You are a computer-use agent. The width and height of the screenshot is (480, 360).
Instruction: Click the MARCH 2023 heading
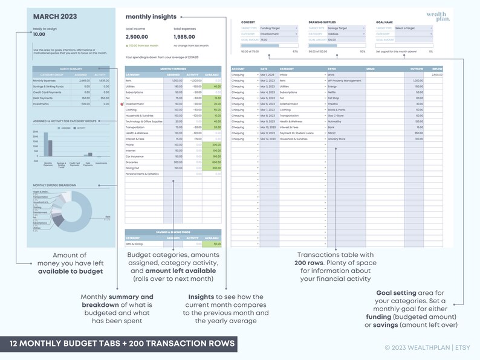coord(55,16)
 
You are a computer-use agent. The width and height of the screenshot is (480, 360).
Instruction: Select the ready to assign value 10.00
coord(39,34)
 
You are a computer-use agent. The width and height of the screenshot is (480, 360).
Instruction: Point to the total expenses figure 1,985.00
coord(185,37)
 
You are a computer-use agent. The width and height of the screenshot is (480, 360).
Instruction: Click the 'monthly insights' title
coord(151,17)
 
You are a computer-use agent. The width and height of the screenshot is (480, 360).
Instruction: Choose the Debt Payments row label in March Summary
coord(44,97)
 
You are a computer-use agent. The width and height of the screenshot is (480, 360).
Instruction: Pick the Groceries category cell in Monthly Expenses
coord(132,162)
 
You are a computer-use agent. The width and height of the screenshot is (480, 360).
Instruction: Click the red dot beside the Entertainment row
coord(123,104)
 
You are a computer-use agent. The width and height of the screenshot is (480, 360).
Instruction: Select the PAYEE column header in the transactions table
coord(332,69)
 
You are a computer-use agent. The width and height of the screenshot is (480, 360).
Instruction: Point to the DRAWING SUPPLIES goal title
coord(322,22)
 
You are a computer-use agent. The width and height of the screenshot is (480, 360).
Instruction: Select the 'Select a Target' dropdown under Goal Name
coord(414,28)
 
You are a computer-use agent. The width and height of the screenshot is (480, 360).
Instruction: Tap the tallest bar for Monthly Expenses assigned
coord(46,145)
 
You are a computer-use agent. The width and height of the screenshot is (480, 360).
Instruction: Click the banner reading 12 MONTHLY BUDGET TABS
coord(119,343)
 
